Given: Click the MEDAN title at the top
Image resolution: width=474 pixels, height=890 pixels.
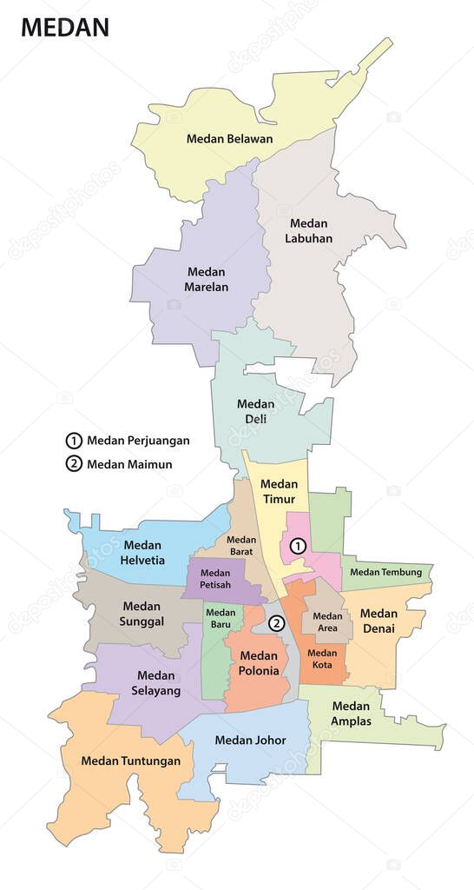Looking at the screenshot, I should coord(65,27).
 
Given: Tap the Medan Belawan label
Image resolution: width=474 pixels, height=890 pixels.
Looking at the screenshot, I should coord(229,138).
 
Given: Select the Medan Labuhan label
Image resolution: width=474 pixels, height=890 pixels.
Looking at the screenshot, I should coord(310,230).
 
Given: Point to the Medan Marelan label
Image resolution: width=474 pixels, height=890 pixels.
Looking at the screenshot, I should coord(207,279).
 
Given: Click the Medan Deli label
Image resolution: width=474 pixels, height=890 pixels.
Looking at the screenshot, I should coord(256,411).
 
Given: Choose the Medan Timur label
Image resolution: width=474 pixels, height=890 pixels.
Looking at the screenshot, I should coord(279,492).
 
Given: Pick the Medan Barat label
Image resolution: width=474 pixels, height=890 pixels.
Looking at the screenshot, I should coord(241,545).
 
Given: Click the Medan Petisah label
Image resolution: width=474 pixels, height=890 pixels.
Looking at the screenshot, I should coord(214,580).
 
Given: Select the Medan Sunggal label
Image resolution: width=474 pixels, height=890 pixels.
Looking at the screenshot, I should coord(141,614).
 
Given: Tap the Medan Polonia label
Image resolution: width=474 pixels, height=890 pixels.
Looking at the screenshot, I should coord(259,663).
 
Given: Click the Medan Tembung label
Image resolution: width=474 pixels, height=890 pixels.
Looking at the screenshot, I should coord(386,572).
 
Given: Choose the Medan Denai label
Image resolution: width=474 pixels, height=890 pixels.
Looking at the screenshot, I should coord(379,621).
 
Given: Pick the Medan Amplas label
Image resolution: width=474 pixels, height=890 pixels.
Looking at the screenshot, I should coord(351,714).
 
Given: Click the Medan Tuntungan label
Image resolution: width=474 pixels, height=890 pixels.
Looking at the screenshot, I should coord(131,760).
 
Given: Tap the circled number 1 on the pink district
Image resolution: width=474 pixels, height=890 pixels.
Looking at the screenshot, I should coord(298,546).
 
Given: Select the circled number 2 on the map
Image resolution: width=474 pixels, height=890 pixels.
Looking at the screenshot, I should coord(276,622).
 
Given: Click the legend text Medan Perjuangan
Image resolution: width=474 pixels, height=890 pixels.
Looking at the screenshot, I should coord(138,440).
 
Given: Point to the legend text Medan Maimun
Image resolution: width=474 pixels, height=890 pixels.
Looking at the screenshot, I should coord(129,463).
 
